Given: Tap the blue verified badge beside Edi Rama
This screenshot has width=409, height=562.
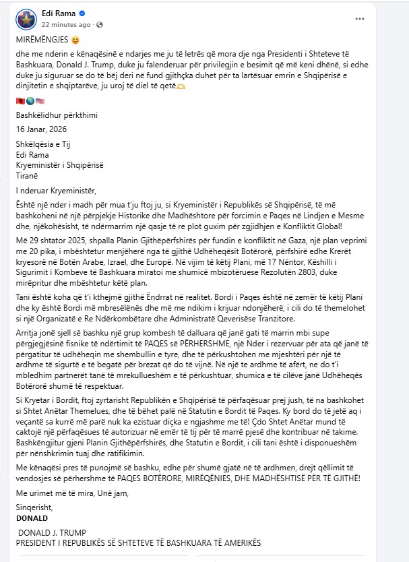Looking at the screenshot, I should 82,13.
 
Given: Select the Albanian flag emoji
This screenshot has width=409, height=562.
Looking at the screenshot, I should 20,101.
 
